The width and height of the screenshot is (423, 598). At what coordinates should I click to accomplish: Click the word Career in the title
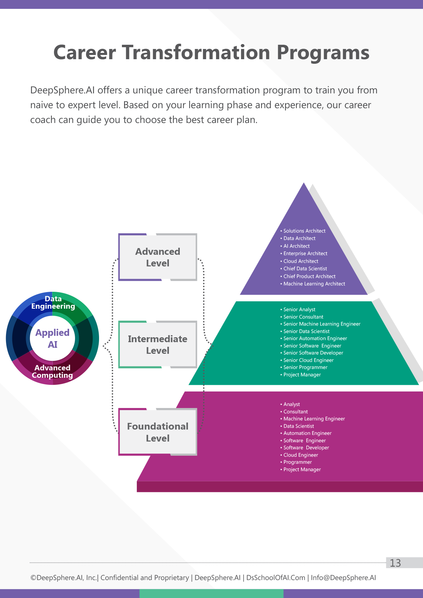click(85, 52)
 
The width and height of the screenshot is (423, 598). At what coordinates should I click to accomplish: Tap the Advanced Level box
click(158, 257)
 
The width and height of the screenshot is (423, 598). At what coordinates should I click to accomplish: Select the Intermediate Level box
click(158, 344)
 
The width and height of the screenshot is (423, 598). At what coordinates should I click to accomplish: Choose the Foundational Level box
click(158, 432)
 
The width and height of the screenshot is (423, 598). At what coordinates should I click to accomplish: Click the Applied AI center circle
click(52, 338)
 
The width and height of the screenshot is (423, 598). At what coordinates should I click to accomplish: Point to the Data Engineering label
click(53, 302)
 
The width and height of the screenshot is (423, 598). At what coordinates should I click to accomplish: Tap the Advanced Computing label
click(52, 371)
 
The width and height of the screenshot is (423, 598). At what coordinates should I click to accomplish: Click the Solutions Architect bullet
click(303, 231)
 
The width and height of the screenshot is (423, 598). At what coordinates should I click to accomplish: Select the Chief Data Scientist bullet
click(304, 269)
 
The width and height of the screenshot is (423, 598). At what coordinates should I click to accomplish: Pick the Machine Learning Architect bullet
click(313, 284)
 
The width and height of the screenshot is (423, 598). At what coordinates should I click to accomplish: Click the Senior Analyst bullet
click(298, 309)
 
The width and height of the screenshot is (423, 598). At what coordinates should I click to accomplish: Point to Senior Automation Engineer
click(313, 338)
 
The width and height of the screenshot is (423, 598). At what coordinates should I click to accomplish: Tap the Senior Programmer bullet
click(304, 367)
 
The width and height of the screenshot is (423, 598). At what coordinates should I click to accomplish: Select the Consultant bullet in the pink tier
click(294, 412)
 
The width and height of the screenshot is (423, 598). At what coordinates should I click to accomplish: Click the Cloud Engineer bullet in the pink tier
click(299, 455)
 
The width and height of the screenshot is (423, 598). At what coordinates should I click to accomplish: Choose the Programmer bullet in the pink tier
click(296, 462)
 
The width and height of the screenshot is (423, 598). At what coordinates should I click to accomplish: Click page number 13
click(395, 563)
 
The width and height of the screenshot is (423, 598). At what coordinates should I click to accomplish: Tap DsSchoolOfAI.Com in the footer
click(276, 578)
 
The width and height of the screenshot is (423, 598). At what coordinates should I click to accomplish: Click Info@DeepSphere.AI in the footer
click(343, 578)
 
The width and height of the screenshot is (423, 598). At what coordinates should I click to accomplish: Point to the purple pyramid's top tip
click(304, 183)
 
